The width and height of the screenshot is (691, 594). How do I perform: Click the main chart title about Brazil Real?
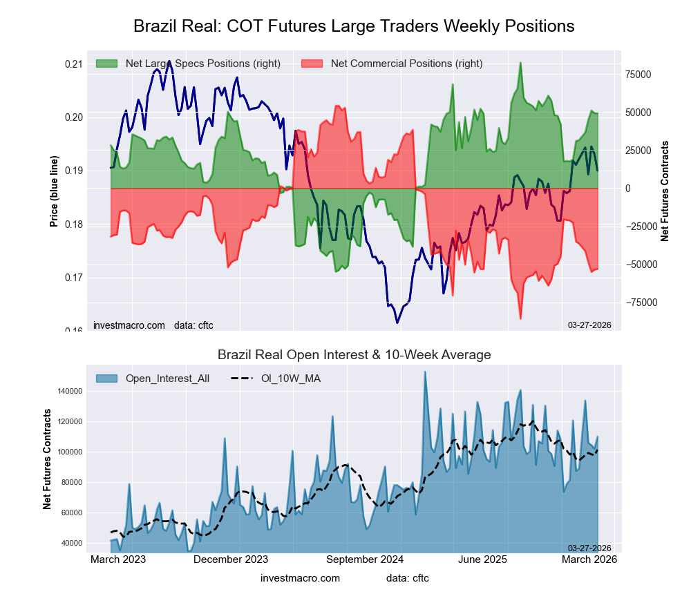click(x=354, y=26)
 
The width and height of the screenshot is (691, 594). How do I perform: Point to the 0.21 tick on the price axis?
click(x=73, y=64)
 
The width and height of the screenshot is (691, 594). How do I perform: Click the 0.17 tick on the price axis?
click(x=73, y=278)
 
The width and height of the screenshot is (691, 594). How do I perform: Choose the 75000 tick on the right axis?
click(x=639, y=75)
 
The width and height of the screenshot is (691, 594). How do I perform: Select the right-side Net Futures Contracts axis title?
click(x=665, y=191)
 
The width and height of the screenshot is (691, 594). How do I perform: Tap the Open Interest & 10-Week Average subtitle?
click(x=354, y=355)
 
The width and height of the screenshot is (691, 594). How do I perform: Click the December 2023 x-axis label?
click(x=230, y=559)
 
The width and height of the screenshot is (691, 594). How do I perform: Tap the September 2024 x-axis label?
click(x=365, y=559)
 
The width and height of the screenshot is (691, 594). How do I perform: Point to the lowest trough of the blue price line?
click(x=397, y=323)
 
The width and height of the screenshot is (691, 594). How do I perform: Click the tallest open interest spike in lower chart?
click(x=425, y=372)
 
